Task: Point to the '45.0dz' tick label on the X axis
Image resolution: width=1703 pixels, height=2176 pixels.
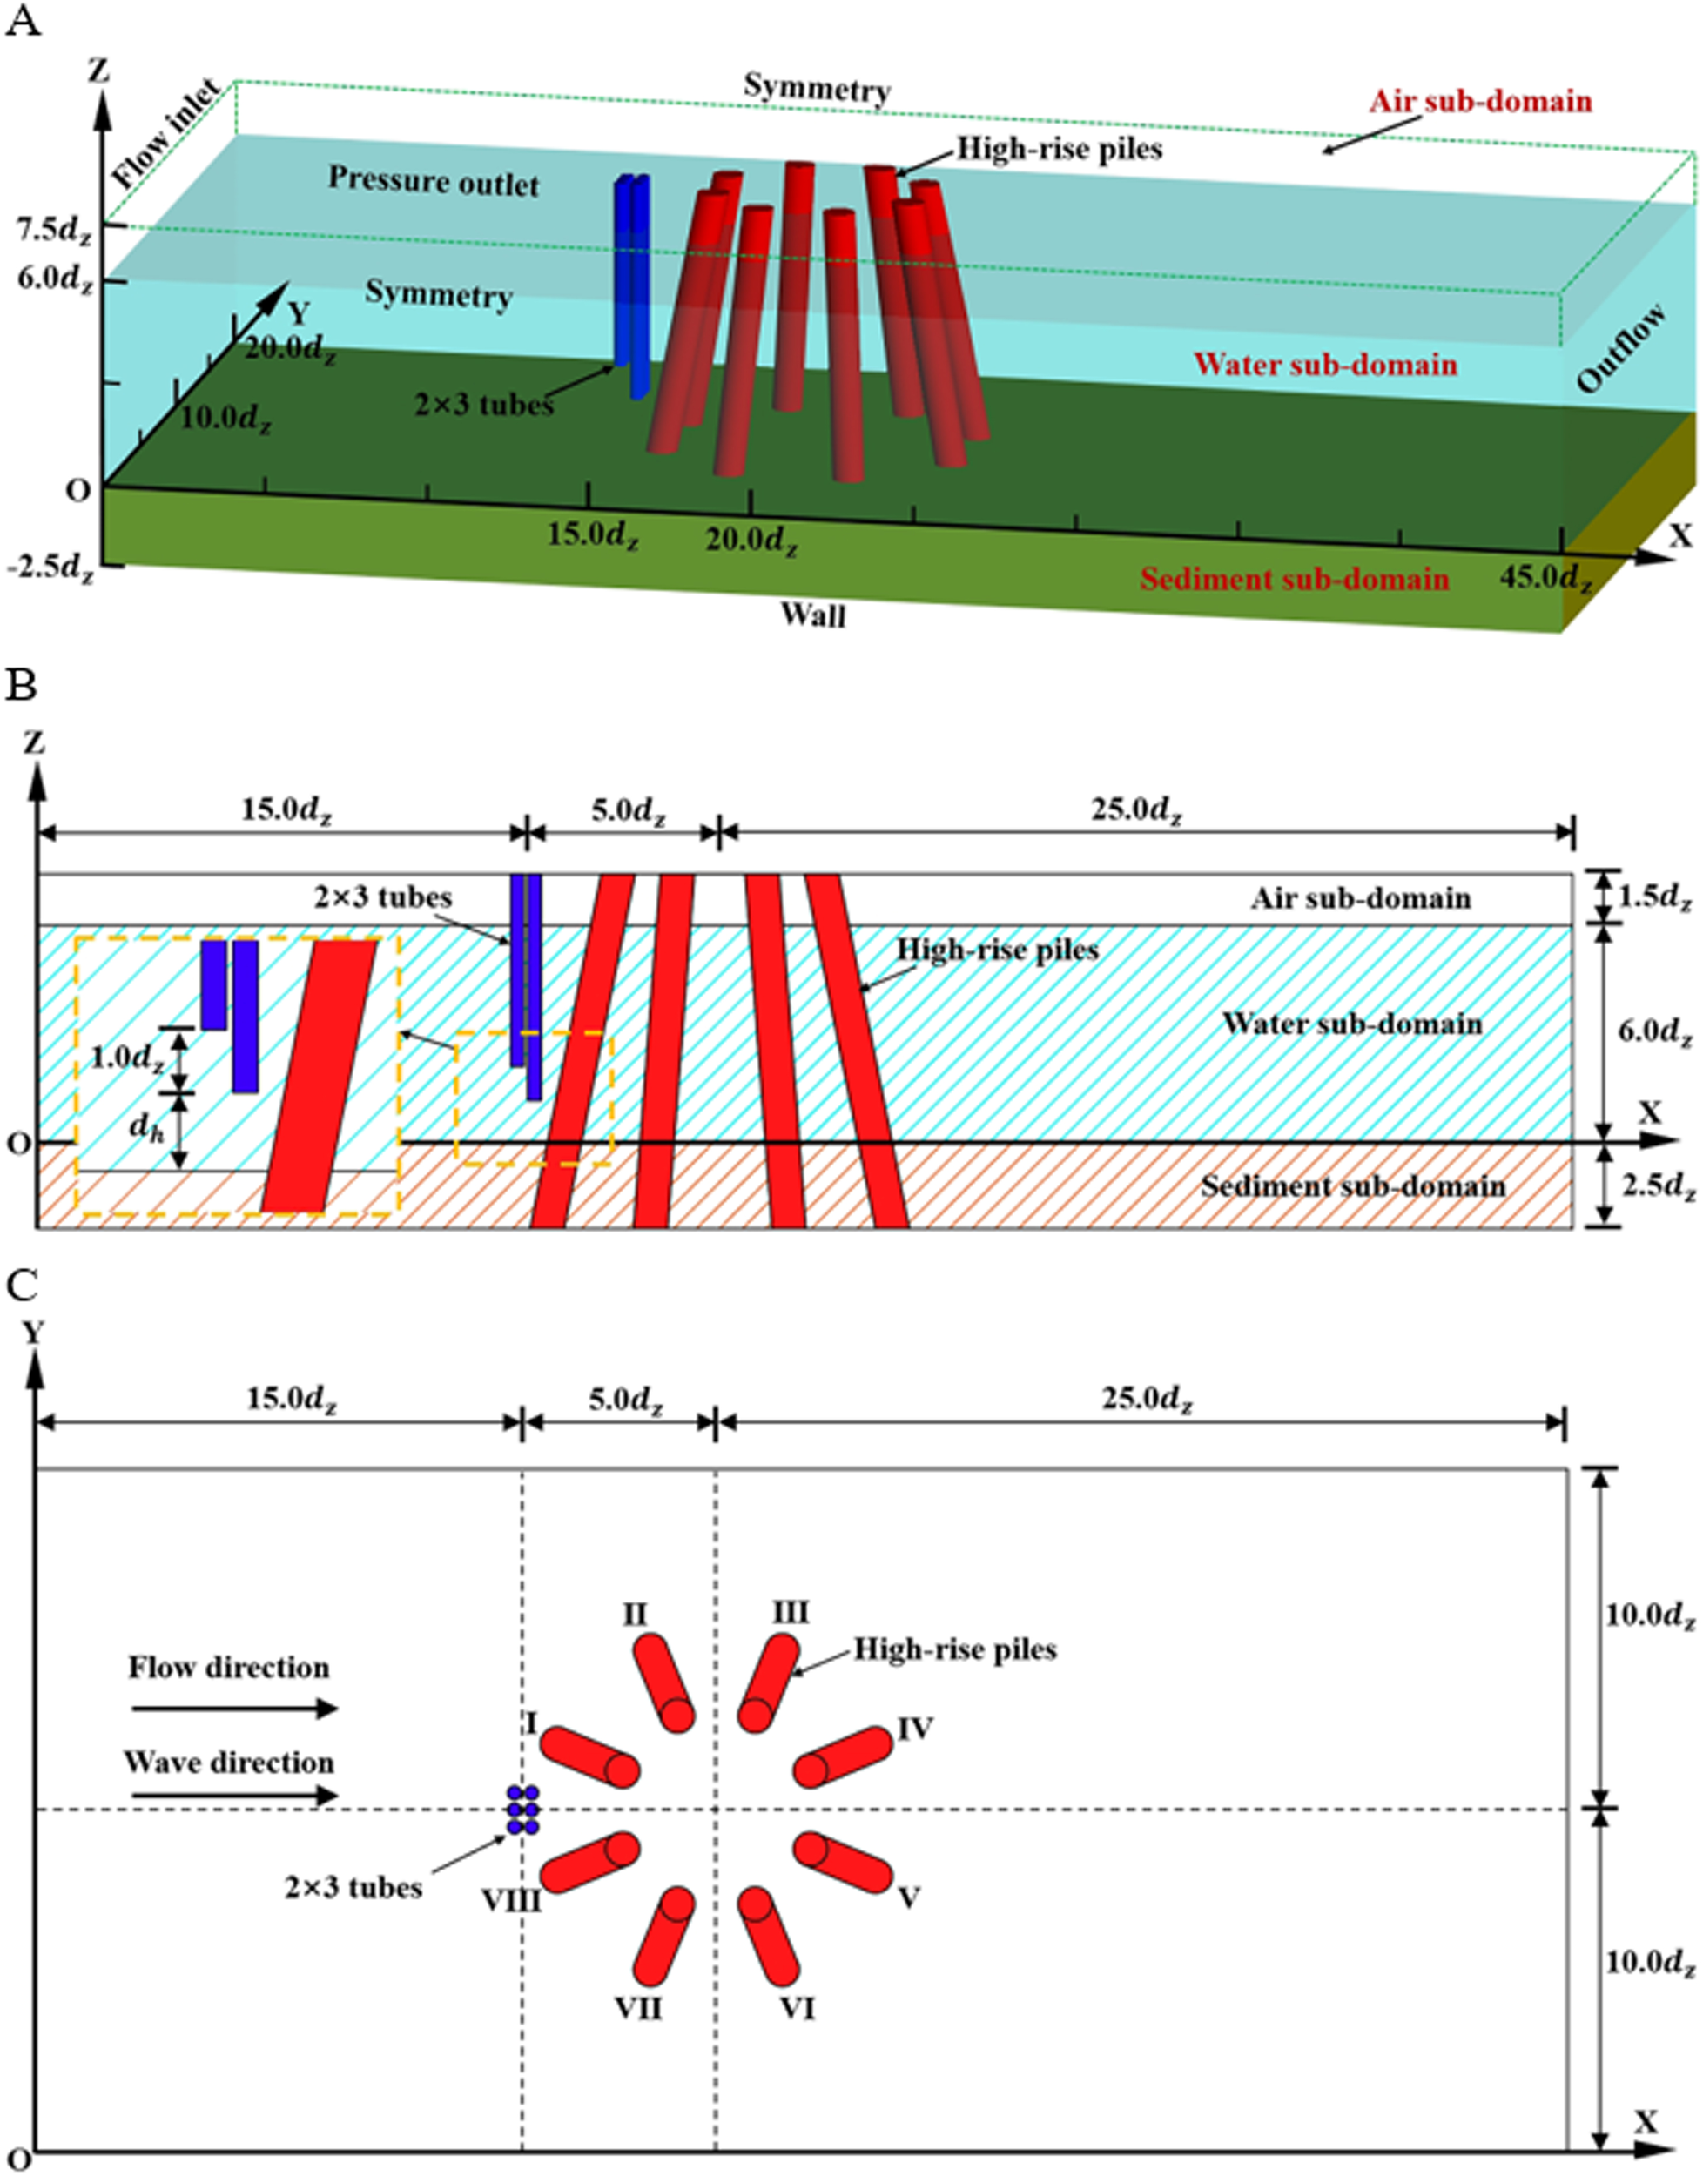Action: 1546,577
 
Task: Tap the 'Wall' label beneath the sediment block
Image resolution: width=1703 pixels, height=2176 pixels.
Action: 812,615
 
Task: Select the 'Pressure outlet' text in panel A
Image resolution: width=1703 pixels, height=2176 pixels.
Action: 434,181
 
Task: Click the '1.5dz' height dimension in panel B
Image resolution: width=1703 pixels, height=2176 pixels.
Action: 1654,897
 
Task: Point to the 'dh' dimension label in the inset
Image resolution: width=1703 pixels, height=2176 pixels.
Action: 146,1127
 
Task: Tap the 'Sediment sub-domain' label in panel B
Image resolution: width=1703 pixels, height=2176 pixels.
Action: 1352,1186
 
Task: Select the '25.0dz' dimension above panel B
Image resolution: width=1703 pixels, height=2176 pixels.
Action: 1137,809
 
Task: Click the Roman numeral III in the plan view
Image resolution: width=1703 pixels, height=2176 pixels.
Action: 791,1612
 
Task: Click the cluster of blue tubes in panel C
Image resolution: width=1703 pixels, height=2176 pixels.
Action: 523,1810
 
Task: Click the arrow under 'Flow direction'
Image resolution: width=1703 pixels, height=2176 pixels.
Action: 235,1709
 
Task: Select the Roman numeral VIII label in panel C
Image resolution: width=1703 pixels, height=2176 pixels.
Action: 511,1900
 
